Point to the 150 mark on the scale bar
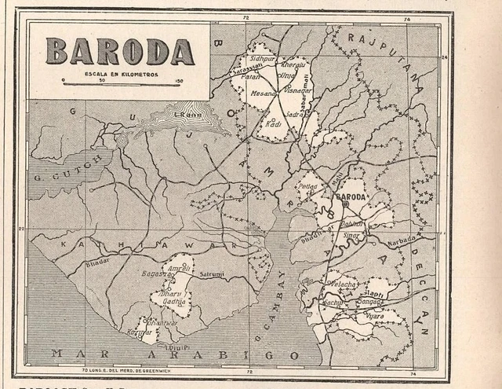click(179, 81)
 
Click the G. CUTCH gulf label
click(56, 177)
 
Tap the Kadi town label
click(274, 124)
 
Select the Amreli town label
click(181, 269)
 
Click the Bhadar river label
click(99, 262)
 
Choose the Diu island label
click(178, 346)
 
